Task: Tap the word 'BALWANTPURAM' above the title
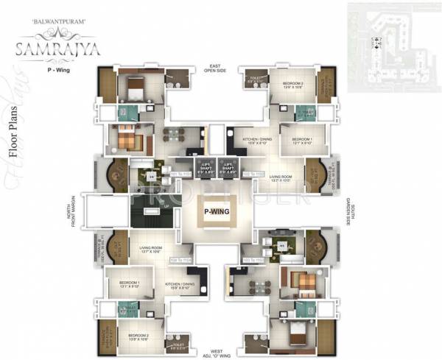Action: (x=49, y=23)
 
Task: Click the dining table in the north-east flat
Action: (x=174, y=134)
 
